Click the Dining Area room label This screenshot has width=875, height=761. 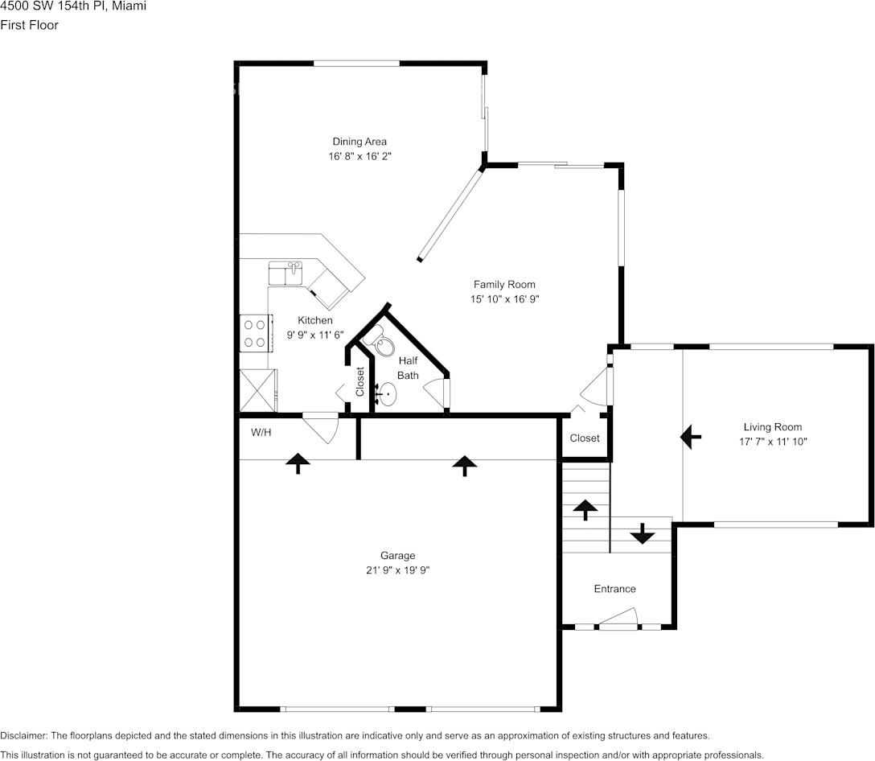(359, 142)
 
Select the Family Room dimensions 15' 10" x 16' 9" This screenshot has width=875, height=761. (503, 299)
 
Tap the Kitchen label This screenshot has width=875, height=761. (314, 320)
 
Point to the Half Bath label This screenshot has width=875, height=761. (408, 368)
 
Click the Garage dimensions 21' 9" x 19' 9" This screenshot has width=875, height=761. (398, 570)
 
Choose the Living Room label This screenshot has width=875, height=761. (772, 427)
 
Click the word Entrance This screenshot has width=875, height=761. (614, 589)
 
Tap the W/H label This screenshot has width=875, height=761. (261, 433)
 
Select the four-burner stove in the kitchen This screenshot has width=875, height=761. (255, 334)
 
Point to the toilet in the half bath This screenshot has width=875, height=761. (377, 344)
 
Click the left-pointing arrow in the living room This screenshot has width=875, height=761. (690, 437)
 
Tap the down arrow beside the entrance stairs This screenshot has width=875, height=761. (642, 533)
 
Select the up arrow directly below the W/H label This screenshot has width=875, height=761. (298, 463)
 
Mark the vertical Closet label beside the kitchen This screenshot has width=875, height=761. (360, 381)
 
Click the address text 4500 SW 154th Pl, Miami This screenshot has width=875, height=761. (73, 6)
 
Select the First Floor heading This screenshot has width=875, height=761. (29, 25)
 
